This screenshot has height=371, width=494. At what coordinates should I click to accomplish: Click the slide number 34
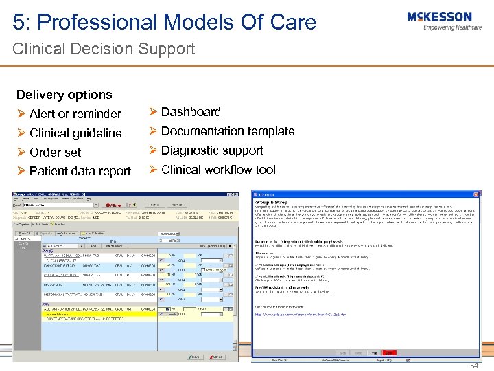(474, 366)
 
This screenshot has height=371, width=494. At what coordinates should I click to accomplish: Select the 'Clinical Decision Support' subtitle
(104, 49)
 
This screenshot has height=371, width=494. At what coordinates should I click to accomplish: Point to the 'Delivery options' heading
(64, 95)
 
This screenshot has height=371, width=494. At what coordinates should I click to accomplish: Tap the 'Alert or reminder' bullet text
(75, 114)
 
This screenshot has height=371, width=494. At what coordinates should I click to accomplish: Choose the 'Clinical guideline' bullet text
(75, 133)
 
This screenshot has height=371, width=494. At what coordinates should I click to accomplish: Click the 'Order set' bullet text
(56, 153)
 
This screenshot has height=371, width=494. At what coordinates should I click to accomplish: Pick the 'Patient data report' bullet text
(80, 172)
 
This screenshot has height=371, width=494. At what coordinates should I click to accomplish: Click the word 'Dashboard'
(191, 112)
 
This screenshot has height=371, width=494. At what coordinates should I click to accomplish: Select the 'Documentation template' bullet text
(228, 131)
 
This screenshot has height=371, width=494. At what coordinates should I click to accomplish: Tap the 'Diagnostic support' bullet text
(212, 150)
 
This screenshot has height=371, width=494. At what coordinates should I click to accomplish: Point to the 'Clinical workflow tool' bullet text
(218, 170)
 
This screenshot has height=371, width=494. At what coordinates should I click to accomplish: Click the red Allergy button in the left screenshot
(116, 205)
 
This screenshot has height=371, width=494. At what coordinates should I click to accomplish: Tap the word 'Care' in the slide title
(293, 22)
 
